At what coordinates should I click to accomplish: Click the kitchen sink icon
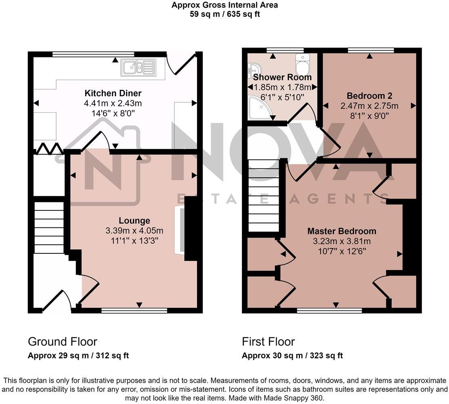point(138,68)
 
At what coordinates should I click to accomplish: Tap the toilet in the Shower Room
point(302,63)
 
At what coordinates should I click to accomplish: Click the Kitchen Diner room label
point(113,93)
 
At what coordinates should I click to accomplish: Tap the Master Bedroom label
point(342,231)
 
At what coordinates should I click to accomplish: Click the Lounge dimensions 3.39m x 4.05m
point(134,231)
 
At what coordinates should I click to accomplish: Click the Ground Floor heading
point(62,342)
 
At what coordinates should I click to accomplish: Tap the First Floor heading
point(268,342)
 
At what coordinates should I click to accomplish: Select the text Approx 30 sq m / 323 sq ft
point(292,356)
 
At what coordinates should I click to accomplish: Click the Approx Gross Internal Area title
point(224,5)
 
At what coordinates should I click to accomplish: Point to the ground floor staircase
point(48,227)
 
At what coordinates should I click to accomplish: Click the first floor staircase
point(263,196)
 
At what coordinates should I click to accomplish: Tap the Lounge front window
point(134,310)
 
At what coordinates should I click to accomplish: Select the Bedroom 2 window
point(371,50)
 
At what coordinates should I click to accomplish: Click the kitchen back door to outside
point(184,64)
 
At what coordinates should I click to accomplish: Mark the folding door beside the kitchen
point(48,149)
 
